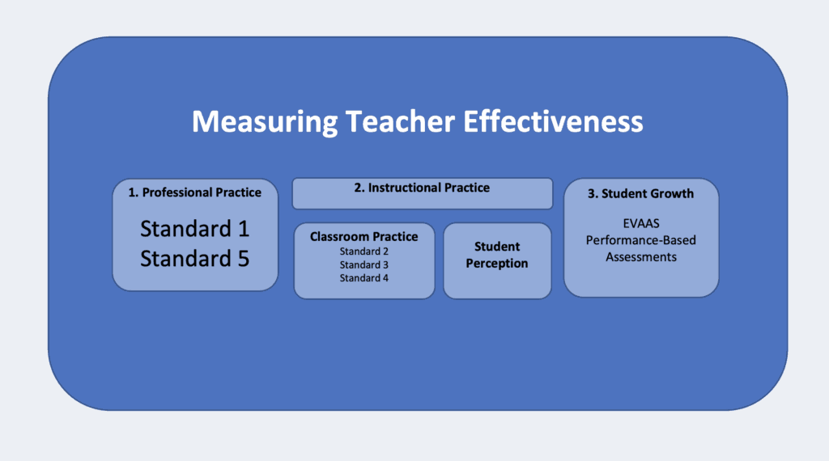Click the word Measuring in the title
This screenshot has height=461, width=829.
pyautogui.click(x=265, y=122)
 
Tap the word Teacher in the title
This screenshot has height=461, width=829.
pyautogui.click(x=400, y=121)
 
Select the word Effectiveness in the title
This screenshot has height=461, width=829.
pyautogui.click(x=553, y=121)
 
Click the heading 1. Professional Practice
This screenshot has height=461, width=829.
pyautogui.click(x=194, y=192)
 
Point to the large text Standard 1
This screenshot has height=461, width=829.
pyautogui.click(x=194, y=229)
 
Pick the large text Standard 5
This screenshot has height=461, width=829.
pyautogui.click(x=194, y=259)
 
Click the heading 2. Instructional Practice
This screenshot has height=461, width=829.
pyautogui.click(x=422, y=188)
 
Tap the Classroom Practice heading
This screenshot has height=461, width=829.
pyautogui.click(x=363, y=237)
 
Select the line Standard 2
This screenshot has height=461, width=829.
pyautogui.click(x=363, y=252)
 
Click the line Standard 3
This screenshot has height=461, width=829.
pyautogui.click(x=363, y=264)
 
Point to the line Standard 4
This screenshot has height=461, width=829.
pyautogui.click(x=363, y=277)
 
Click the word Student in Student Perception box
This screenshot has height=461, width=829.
pyautogui.click(x=497, y=247)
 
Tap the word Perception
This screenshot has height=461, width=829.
pyautogui.click(x=497, y=264)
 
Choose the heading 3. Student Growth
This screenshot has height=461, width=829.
pyautogui.click(x=641, y=194)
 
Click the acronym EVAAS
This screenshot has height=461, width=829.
pyautogui.click(x=641, y=223)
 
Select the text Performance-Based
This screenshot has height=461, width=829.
pyautogui.click(x=641, y=240)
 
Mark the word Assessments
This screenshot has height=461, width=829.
pyautogui.click(x=641, y=257)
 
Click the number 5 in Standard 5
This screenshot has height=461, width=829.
pyautogui.click(x=243, y=259)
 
